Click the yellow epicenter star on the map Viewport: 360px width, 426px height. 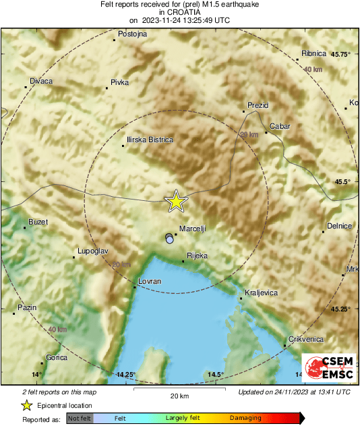click(176, 200)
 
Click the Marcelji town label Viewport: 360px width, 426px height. click(193, 229)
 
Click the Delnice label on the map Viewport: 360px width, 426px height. click(339, 226)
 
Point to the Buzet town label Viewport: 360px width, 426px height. click(38, 222)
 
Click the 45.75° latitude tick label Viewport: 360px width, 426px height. click(341, 54)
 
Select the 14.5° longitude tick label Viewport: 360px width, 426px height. click(216, 374)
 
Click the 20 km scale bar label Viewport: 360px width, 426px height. click(178, 396)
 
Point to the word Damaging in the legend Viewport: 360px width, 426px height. click(246, 419)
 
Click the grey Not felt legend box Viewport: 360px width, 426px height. click(80, 419)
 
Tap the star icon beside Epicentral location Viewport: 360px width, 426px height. click(26, 405)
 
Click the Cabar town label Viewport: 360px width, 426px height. click(279, 126)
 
